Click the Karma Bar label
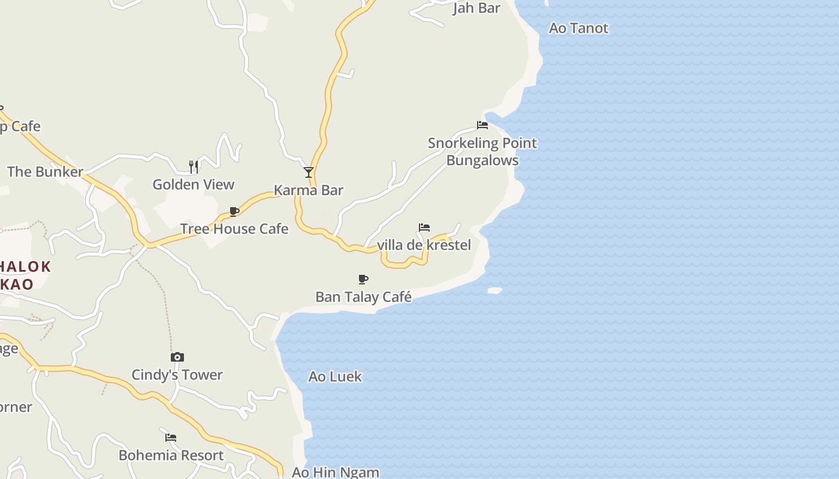(308, 190)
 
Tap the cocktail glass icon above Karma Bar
(309, 172)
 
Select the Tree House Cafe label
(234, 229)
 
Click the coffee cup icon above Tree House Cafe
(234, 211)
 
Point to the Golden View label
(193, 184)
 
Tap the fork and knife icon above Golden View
(194, 166)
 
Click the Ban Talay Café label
(363, 297)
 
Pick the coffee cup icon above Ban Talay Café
(363, 279)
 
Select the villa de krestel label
(424, 245)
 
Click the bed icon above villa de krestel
(424, 228)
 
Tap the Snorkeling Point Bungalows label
(482, 151)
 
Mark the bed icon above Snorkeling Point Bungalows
(482, 125)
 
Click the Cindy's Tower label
(177, 375)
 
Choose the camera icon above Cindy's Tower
(177, 357)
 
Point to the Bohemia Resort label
(171, 455)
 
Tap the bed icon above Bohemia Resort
(171, 438)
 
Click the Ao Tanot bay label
(578, 28)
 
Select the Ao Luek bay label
(335, 377)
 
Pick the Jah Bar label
(476, 8)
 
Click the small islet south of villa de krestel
(494, 290)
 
